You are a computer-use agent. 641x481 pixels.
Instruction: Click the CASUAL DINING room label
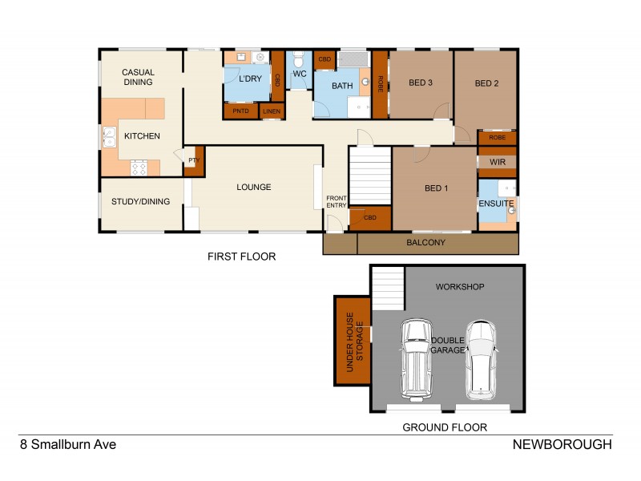click(138, 78)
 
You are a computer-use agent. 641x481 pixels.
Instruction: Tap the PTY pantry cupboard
click(194, 161)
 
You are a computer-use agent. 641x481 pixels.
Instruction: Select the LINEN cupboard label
click(272, 111)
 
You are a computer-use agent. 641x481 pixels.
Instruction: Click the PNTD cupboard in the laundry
click(240, 111)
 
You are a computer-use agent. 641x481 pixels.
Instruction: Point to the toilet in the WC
click(298, 60)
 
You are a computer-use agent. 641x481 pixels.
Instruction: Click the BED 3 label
click(421, 83)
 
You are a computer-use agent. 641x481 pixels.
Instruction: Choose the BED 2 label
click(486, 83)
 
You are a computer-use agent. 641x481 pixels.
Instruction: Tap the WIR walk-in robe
click(497, 162)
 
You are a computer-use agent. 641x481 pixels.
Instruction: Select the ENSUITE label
click(496, 204)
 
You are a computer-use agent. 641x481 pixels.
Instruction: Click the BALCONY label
click(425, 242)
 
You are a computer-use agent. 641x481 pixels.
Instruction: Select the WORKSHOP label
click(459, 286)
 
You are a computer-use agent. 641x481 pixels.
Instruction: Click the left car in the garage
click(415, 357)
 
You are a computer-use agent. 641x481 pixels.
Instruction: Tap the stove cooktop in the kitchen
click(138, 168)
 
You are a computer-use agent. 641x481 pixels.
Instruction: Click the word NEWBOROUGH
click(562, 444)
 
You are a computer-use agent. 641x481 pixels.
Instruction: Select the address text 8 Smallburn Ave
click(67, 444)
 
